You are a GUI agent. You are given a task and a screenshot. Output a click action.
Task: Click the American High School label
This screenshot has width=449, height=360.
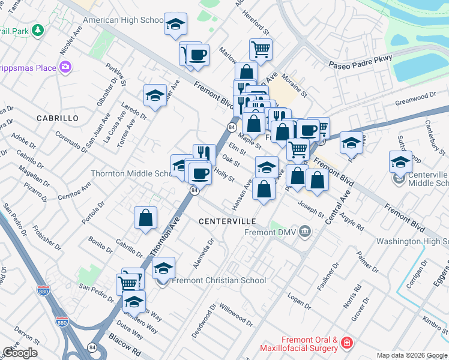(x=123, y=20)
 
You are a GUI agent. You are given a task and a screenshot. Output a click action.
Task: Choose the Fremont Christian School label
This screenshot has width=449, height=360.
(x=219, y=280)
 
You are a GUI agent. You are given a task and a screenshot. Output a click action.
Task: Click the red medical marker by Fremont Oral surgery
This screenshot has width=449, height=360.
(x=346, y=343)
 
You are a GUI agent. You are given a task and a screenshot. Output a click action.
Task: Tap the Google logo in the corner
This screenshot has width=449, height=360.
(x=20, y=353)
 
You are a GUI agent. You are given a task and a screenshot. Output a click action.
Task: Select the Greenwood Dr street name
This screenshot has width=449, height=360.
(x=415, y=98)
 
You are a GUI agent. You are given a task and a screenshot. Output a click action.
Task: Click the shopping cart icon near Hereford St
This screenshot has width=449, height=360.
(x=261, y=50)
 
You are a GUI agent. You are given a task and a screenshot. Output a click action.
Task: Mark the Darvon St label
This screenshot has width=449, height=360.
(x=26, y=334)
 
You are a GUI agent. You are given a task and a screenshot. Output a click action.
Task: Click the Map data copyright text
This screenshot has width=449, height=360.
(x=411, y=355)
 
